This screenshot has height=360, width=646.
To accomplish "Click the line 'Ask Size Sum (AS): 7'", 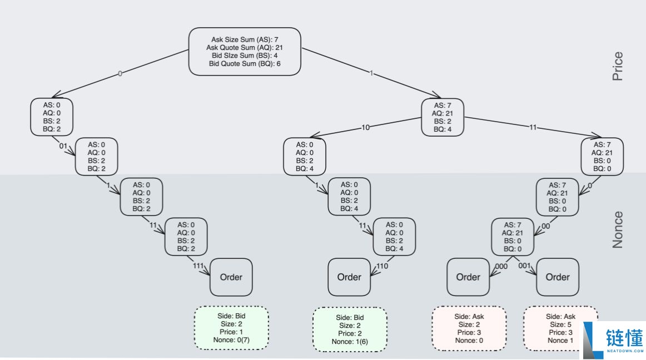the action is tap(245, 39).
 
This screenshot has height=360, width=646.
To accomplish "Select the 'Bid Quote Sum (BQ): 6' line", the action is tap(245, 63).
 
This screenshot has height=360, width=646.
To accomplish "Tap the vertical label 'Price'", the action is tap(617, 66).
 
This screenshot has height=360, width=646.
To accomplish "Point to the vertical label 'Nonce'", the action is tap(617, 230).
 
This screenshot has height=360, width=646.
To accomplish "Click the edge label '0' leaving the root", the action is tap(120, 74).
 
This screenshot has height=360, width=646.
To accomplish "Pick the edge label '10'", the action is tap(365, 128).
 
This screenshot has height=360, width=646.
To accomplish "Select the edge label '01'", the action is tap(63, 146).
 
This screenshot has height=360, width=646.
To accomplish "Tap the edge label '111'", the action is tap(198, 266).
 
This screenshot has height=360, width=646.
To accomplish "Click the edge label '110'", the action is tap(382, 266).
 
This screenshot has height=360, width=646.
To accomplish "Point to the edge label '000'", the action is tap(501, 267).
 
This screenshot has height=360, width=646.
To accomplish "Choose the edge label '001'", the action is tap(524, 266).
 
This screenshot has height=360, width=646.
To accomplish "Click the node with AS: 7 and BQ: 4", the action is tap(443, 117).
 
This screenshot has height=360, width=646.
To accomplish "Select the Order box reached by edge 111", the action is tap(231, 277).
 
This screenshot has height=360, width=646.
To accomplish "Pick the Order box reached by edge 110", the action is tap(349, 277).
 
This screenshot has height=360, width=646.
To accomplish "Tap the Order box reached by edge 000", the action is tap(468, 277).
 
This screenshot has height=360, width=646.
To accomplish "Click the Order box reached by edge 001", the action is tap(558, 277).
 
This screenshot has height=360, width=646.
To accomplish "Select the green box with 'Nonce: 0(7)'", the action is tap(231, 328).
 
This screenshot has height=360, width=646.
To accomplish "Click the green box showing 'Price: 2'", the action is tap(350, 329).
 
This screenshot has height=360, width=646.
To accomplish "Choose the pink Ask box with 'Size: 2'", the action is tap(469, 328).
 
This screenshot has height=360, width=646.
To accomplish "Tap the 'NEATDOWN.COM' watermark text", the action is tap(625, 351).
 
